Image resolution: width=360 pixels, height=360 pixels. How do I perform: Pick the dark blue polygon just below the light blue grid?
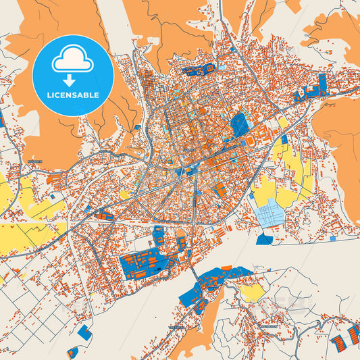point(265,239)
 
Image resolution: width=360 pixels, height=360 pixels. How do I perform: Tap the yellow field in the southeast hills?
point(252,292)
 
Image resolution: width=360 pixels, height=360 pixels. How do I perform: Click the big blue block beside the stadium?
point(239,124)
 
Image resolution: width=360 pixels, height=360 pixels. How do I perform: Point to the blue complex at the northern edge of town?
point(199,69)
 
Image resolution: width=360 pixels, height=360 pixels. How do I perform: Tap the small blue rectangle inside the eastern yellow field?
point(284,139)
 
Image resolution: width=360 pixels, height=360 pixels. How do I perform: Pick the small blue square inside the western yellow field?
point(52,197)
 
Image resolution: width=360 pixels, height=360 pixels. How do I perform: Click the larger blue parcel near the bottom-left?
point(84,332)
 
